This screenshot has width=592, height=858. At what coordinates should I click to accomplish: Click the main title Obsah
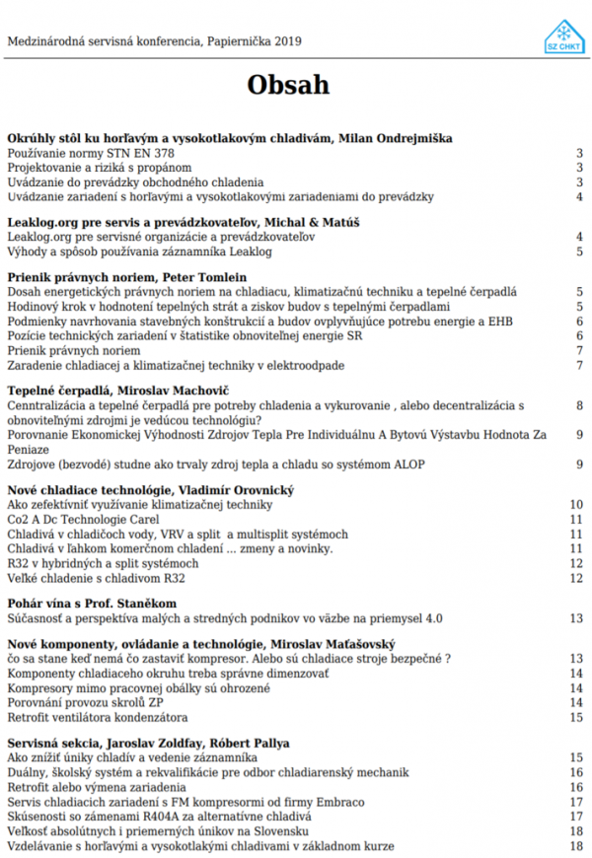287,85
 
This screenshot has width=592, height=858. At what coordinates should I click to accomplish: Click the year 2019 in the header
287,41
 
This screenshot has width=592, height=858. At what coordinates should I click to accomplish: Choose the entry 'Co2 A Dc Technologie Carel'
82,519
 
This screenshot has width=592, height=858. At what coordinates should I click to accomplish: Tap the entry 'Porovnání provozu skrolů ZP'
86,702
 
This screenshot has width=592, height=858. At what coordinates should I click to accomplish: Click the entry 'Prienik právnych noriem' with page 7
74,350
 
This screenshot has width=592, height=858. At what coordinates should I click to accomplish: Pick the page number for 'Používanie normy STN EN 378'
579,154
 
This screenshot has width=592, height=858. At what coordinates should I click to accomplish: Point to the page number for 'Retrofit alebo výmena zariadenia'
576,787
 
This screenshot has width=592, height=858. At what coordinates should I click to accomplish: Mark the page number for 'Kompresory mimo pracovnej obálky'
576,687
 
